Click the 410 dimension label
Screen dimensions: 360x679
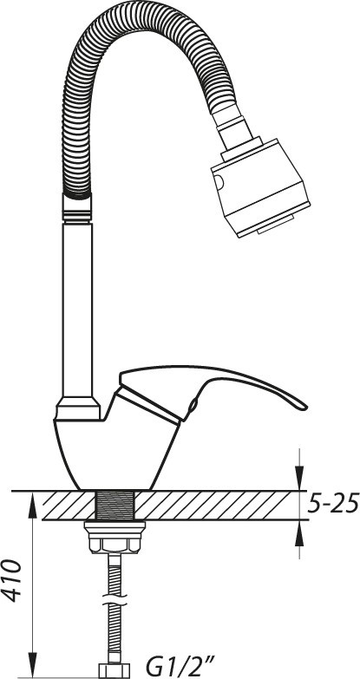(x=12, y=580)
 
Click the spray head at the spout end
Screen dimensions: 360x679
(x=260, y=187)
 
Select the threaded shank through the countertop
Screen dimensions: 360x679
(x=115, y=505)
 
